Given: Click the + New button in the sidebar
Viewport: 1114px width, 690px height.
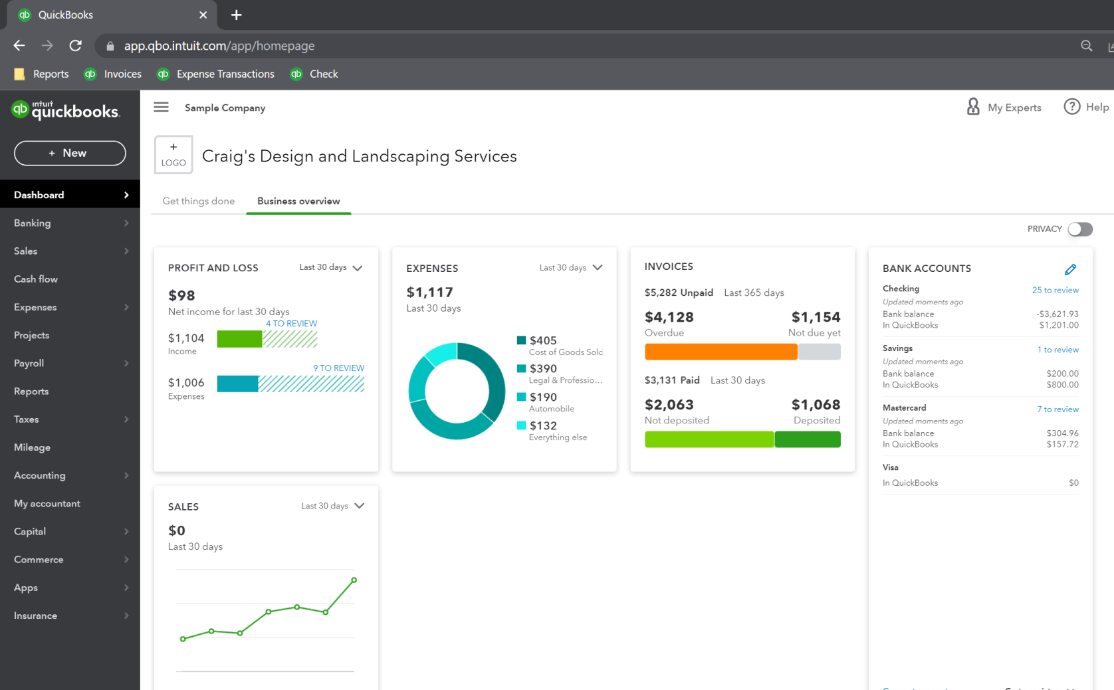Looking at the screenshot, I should (70, 153).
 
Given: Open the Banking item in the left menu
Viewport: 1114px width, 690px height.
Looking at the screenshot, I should (33, 223).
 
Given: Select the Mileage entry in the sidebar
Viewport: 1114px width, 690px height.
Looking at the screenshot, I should (33, 447).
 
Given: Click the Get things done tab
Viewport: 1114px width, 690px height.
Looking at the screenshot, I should (199, 201).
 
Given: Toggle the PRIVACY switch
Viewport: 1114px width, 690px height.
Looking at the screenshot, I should (1079, 229).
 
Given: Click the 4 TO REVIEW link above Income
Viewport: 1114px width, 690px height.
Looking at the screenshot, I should (291, 324).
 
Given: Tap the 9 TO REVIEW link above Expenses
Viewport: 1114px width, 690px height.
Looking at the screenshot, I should (338, 368).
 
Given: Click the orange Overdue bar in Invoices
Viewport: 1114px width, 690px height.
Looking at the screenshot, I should (721, 352).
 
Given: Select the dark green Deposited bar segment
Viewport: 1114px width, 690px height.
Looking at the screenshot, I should (807, 439).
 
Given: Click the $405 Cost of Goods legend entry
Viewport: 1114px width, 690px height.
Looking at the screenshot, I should (560, 345).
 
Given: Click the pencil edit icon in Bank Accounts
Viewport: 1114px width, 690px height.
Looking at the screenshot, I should (1070, 269).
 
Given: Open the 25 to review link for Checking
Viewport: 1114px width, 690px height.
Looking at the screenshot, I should (1055, 290).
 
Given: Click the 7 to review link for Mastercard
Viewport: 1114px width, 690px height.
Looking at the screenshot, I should (1058, 409).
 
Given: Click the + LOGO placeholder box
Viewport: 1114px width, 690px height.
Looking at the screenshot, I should (173, 155).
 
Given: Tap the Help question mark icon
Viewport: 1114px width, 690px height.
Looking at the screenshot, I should (1071, 107).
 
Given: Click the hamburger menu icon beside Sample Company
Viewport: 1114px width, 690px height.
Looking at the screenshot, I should (161, 107).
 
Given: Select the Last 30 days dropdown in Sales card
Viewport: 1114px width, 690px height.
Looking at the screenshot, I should (332, 506).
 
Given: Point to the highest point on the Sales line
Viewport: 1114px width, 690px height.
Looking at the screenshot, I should (354, 580).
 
